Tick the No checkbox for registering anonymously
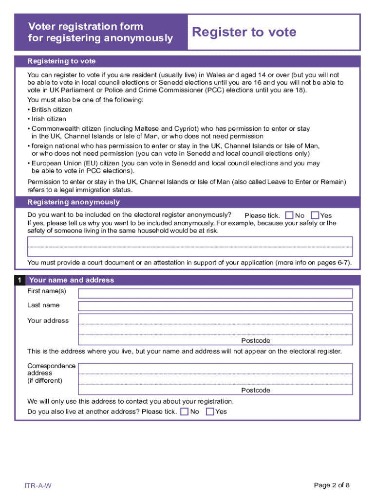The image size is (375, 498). pyautogui.click(x=290, y=215)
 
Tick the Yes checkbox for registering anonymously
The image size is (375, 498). pyautogui.click(x=315, y=215)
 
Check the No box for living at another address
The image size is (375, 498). pyautogui.click(x=185, y=411)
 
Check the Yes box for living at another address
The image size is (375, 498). pyautogui.click(x=210, y=411)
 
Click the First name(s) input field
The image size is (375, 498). pyautogui.click(x=215, y=293)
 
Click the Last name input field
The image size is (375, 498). pyautogui.click(x=215, y=306)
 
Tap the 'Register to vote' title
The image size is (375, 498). pyautogui.click(x=244, y=32)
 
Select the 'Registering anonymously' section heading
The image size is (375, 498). pyautogui.click(x=74, y=202)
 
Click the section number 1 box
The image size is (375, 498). pyautogui.click(x=19, y=280)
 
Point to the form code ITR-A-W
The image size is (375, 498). pyautogui.click(x=38, y=485)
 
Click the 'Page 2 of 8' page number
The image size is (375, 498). pyautogui.click(x=332, y=485)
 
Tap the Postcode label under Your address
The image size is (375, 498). pyautogui.click(x=256, y=341)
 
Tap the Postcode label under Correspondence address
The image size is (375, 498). pyautogui.click(x=256, y=391)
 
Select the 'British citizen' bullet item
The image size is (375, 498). pyautogui.click(x=52, y=109)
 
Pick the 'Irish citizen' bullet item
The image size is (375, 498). pyautogui.click(x=49, y=119)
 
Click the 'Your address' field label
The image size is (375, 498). pyautogui.click(x=48, y=320)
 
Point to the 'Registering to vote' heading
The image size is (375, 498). pyautogui.click(x=61, y=61)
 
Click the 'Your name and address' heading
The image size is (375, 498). pyautogui.click(x=72, y=280)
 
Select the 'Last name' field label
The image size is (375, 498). pyautogui.click(x=43, y=305)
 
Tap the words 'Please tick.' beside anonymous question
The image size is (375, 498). pyautogui.click(x=262, y=215)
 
